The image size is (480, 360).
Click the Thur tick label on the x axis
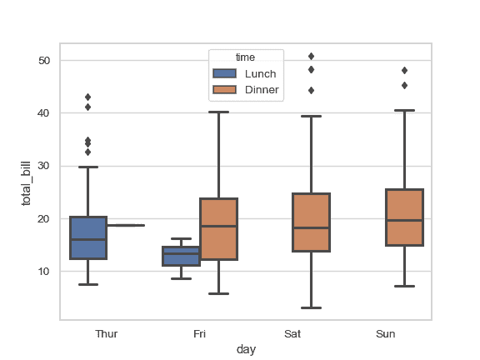107,334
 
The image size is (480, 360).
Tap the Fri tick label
199,334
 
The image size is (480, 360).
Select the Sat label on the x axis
292,334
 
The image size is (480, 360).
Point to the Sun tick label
386,334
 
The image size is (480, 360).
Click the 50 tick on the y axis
44,61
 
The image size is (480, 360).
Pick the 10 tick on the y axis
44,272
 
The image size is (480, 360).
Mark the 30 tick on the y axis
44,166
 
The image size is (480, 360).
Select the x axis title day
246,350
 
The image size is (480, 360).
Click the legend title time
245,57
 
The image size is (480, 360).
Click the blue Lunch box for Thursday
87,237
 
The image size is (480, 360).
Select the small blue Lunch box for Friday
181,256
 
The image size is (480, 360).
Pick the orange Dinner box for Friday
218,229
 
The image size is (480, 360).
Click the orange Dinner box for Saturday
312,222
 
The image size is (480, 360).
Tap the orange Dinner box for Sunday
405,217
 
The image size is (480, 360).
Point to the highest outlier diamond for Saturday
311,57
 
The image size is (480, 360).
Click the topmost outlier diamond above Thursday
87,97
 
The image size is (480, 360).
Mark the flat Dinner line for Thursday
125,225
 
